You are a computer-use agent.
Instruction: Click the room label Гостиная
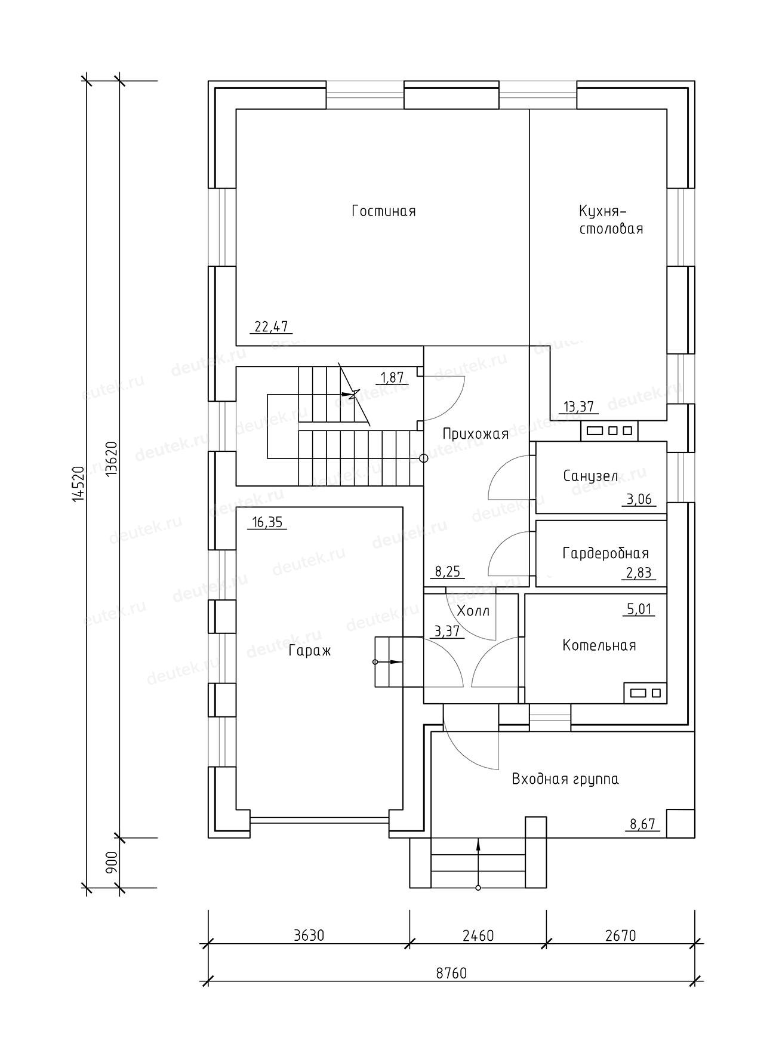(384, 211)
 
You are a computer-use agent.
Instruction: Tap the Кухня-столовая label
(611, 220)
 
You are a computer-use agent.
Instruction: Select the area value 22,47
(271, 327)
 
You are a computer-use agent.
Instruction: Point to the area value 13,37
(578, 407)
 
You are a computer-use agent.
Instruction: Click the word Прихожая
(475, 434)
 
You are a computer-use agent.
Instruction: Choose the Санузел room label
(590, 476)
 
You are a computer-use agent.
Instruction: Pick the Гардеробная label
(605, 553)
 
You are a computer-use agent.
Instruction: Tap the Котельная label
(599, 645)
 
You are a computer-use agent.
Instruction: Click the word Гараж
(309, 651)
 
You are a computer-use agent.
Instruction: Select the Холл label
(473, 611)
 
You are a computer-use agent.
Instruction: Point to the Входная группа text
(565, 779)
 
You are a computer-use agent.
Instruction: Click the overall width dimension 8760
(451, 974)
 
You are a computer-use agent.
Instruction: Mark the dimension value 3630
(309, 935)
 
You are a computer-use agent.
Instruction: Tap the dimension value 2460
(478, 935)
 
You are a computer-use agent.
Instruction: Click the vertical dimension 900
(111, 863)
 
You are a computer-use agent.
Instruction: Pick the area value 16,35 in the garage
(267, 523)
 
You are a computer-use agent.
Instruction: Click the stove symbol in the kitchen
(609, 430)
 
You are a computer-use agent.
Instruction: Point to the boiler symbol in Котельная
(645, 692)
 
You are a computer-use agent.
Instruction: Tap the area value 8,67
(643, 824)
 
